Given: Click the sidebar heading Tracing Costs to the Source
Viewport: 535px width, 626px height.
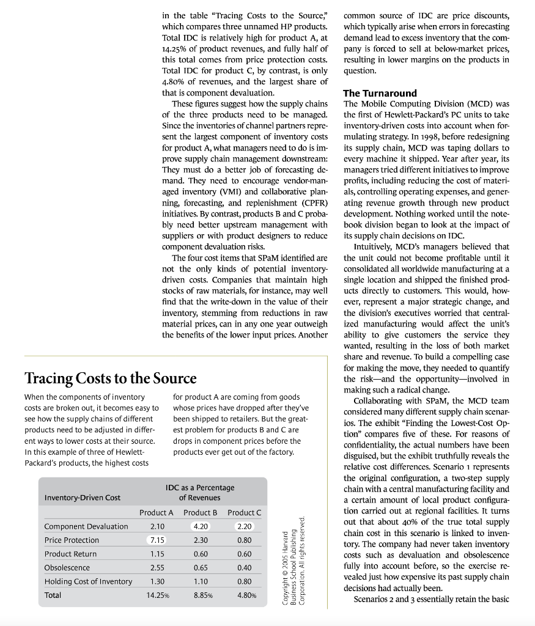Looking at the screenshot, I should tap(110, 377).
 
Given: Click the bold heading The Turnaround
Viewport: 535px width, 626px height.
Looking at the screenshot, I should tap(380, 94).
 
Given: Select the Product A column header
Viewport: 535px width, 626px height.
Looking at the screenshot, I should tap(157, 512).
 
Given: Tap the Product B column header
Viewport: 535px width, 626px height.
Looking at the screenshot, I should tap(201, 512).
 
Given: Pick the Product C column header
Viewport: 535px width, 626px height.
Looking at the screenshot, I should tap(244, 512).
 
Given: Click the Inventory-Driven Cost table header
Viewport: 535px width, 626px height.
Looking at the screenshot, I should tap(83, 498).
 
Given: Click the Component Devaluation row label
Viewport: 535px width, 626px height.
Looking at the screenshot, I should tap(86, 526).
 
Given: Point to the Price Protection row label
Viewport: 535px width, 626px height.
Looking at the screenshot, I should tap(72, 540).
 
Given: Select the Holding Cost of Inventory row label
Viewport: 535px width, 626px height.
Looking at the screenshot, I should tap(88, 581).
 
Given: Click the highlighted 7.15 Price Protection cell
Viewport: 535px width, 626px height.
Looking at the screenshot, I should tap(157, 540).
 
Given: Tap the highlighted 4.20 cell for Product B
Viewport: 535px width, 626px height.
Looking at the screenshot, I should tap(201, 526).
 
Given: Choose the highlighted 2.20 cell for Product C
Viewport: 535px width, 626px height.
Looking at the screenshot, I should tap(244, 526).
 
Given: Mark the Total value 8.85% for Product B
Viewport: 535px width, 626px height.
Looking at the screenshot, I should tap(201, 595).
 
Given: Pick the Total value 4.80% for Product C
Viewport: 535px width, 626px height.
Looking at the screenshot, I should tap(245, 595).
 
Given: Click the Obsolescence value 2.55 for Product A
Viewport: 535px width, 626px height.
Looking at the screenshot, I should tap(157, 568).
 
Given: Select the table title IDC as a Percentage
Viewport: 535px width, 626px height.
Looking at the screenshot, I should tap(200, 487).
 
